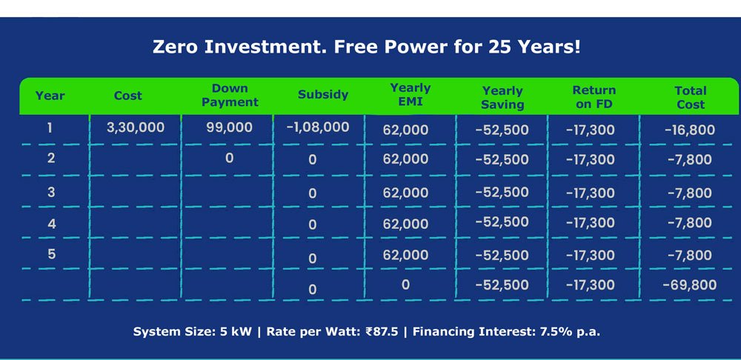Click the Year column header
click(x=50, y=96)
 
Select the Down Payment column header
click(x=230, y=95)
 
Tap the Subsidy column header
click(x=323, y=95)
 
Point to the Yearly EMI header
click(x=411, y=94)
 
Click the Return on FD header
click(x=594, y=97)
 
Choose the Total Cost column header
click(x=691, y=97)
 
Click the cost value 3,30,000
click(x=135, y=127)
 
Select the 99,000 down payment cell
click(x=229, y=127)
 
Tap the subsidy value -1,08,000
click(x=318, y=127)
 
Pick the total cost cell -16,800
click(x=689, y=130)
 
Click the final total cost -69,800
click(x=689, y=285)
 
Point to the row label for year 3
click(x=51, y=192)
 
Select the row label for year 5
click(x=51, y=254)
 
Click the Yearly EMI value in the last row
click(x=405, y=285)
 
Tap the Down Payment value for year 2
click(x=229, y=158)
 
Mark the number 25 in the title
click(x=502, y=47)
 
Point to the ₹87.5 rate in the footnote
click(x=382, y=332)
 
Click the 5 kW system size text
click(x=236, y=332)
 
